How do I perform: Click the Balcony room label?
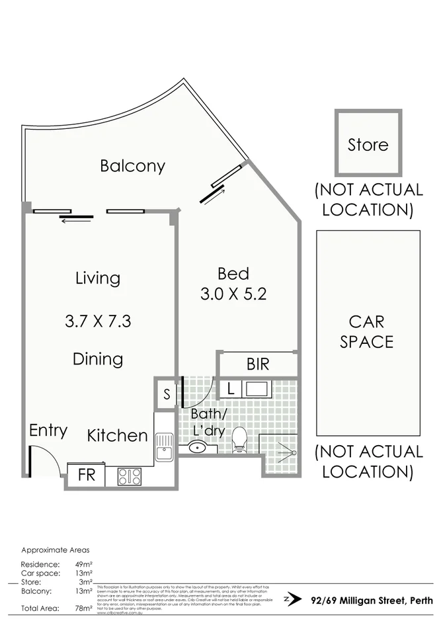(x=132, y=165)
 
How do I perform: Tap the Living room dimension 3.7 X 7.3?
(x=98, y=321)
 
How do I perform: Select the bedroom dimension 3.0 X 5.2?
(x=233, y=294)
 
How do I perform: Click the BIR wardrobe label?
(x=257, y=364)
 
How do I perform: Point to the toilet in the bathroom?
(x=239, y=440)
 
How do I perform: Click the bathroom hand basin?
(x=197, y=448)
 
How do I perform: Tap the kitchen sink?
(x=163, y=447)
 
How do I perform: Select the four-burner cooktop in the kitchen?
(x=130, y=476)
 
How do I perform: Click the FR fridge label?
(x=87, y=476)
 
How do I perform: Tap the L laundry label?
(x=229, y=389)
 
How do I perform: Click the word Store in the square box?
(x=368, y=144)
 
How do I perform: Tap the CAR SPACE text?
(x=368, y=332)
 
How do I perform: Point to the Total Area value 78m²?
(x=84, y=608)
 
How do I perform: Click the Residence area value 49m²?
(x=84, y=564)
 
